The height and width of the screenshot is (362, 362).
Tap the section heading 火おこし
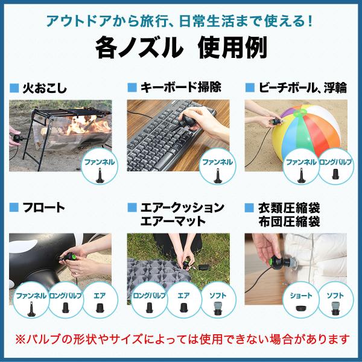click(x=45, y=89)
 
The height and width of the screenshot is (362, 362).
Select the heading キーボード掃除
click(x=181, y=87)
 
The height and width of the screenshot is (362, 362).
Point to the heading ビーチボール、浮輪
click(x=303, y=87)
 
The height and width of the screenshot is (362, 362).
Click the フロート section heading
click(x=44, y=208)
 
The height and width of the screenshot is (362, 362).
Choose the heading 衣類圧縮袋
click(x=289, y=208)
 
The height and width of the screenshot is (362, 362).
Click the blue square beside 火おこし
click(x=14, y=88)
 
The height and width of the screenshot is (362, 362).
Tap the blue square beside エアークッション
click(x=132, y=208)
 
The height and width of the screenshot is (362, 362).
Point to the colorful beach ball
click(x=307, y=132)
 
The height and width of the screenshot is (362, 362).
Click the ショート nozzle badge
click(x=300, y=300)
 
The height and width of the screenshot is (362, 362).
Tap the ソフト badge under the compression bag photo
click(x=335, y=300)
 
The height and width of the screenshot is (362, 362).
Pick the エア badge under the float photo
click(x=100, y=300)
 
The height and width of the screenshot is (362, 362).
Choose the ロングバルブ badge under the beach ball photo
click(x=335, y=167)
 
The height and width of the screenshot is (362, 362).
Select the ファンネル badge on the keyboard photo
click(x=217, y=167)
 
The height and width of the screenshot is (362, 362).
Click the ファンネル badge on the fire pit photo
click(x=100, y=167)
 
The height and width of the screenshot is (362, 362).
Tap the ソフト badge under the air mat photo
click(x=218, y=300)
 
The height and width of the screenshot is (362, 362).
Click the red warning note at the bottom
click(x=182, y=339)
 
